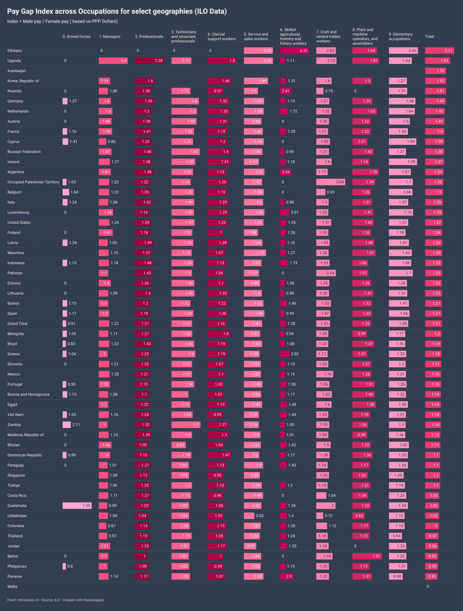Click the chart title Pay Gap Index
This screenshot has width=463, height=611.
click(117, 11)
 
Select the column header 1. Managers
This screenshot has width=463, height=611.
click(110, 36)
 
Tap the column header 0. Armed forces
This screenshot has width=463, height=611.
click(76, 36)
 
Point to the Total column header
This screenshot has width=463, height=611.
click(429, 36)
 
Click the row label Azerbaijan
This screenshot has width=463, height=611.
click(17, 71)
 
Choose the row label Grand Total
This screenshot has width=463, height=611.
click(17, 323)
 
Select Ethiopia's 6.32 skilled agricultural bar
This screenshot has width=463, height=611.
click(294, 51)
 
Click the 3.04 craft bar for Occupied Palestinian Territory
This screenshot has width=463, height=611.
click(330, 182)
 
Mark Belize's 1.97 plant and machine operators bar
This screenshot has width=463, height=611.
click(367, 556)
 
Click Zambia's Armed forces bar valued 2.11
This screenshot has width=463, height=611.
click(67, 425)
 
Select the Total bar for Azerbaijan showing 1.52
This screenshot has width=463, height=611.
click(435, 71)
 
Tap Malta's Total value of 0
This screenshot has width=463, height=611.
click(428, 586)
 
